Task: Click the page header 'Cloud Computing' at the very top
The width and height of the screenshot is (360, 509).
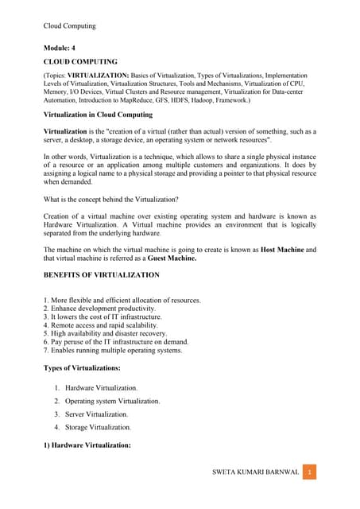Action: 69,25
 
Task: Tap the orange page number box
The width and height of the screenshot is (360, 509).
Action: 311,472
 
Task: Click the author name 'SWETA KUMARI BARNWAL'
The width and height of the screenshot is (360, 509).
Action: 256,472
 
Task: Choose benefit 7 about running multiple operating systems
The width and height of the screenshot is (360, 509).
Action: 113,350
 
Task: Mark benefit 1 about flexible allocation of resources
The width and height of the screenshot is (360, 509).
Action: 122,300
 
